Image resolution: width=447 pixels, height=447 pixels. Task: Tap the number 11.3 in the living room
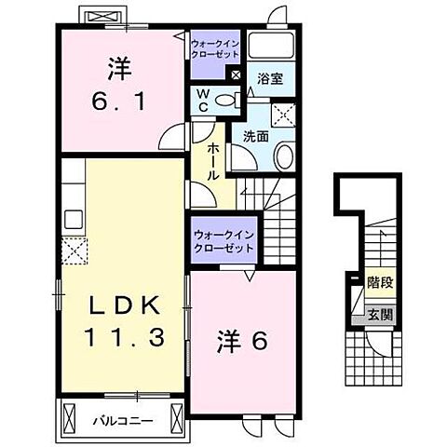point(128,336)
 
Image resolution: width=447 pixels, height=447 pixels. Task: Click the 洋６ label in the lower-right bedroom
point(245,342)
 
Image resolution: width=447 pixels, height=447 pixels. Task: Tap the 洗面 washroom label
point(256,135)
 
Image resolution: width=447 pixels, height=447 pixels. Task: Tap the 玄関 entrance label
point(378,315)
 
